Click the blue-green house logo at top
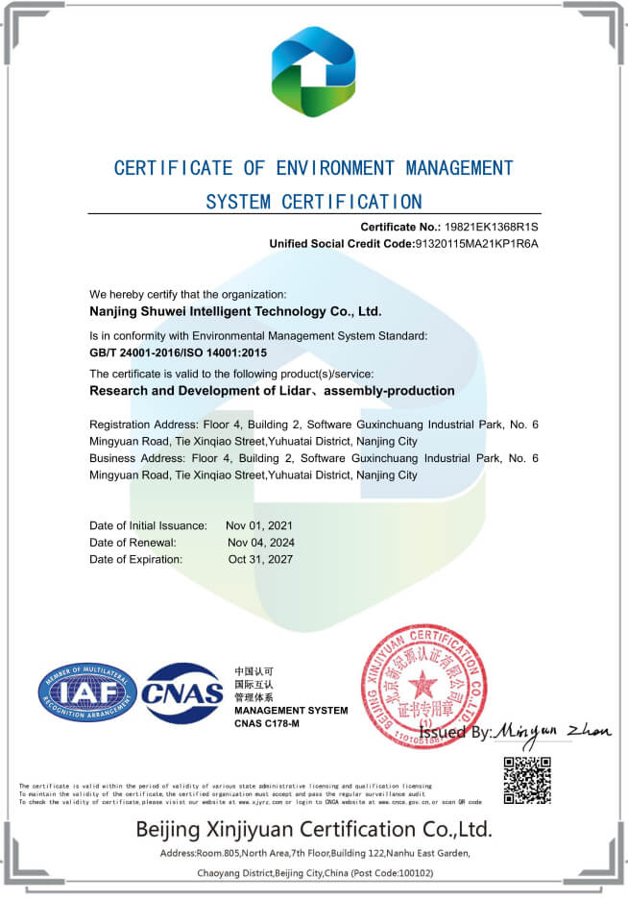314,71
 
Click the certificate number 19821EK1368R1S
491,227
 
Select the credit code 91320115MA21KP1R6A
475,244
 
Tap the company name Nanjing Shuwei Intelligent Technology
235,311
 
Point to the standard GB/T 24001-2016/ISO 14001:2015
178,352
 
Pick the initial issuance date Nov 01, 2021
259,525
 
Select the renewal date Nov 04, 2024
259,542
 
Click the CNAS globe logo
181,692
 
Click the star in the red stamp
422,685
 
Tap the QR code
527,781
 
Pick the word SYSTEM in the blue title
239,202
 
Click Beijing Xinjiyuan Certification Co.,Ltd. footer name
314,829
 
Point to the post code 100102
410,873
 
